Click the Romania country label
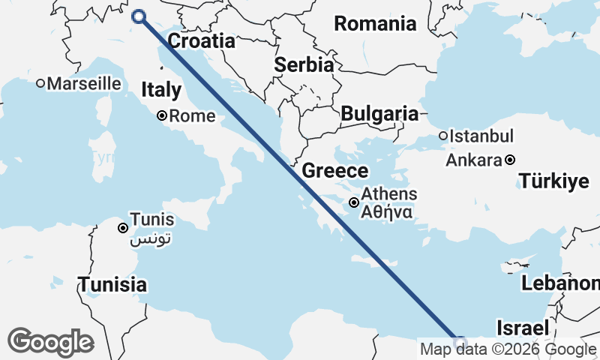[x=375, y=23]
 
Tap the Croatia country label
[x=201, y=40]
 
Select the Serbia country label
[x=303, y=64]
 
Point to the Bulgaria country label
[x=379, y=114]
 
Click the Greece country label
[x=334, y=171]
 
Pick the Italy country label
[x=161, y=91]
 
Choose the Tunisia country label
[x=113, y=285]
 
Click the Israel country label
[x=523, y=328]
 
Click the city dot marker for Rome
[x=162, y=115]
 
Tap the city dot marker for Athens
[x=354, y=202]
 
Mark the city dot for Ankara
[x=510, y=160]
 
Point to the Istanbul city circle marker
[x=443, y=136]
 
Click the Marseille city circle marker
[x=40, y=83]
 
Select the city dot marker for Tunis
[x=123, y=227]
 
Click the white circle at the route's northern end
[x=139, y=16]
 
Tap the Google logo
[x=50, y=342]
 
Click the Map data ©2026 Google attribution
[x=508, y=349]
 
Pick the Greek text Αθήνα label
[x=385, y=212]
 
